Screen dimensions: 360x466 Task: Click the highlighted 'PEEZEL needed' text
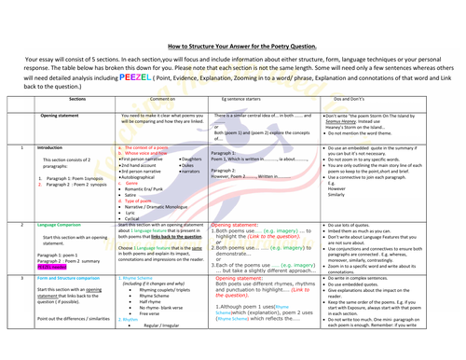click(x=53, y=265)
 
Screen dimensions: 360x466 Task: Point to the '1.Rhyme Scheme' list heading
click(x=141, y=278)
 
